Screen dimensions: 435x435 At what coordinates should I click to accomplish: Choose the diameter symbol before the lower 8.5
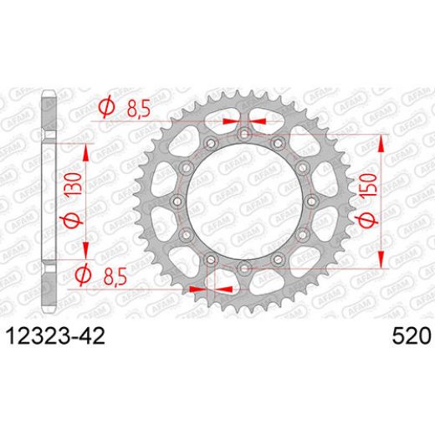84,274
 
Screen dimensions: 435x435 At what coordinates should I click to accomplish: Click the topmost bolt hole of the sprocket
243,134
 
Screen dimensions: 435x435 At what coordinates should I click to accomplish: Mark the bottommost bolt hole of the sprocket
243,268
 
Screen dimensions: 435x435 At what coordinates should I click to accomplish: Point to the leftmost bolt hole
176,201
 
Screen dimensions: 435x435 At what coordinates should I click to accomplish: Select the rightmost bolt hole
310,201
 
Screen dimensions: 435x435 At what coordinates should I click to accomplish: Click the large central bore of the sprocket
243,201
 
